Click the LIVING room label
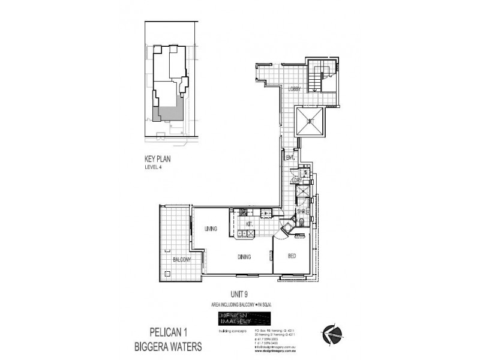[210, 229]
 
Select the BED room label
[292, 256]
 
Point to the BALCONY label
[181, 260]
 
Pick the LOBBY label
[295, 89]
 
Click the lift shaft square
[310, 122]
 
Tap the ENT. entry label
[290, 158]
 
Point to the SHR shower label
[302, 211]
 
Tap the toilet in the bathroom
[302, 224]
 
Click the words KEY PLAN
[158, 160]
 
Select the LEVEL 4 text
[154, 168]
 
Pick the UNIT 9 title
[240, 295]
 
